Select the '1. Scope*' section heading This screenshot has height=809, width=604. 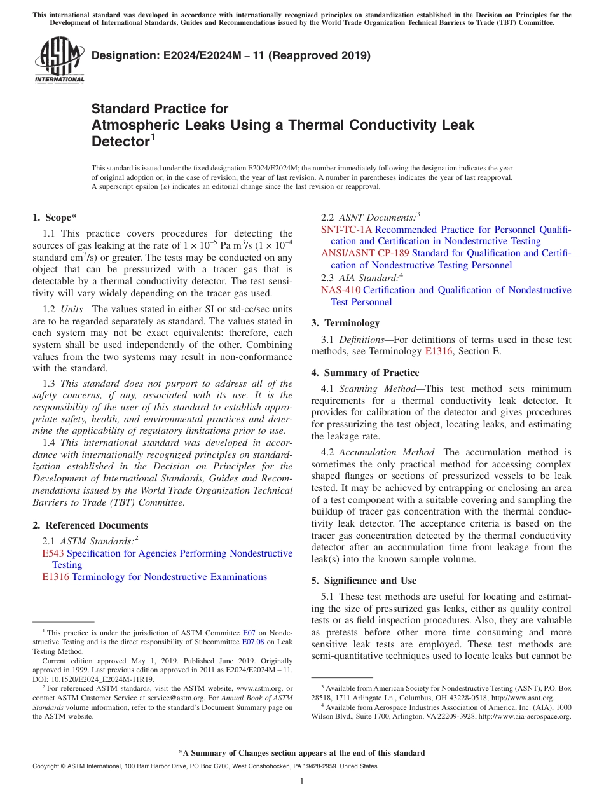(x=55, y=218)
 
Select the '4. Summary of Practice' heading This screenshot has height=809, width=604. (x=365, y=373)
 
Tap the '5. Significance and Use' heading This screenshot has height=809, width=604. (x=364, y=581)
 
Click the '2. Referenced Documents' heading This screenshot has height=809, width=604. (x=90, y=525)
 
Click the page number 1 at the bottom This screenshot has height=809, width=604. (x=302, y=782)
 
